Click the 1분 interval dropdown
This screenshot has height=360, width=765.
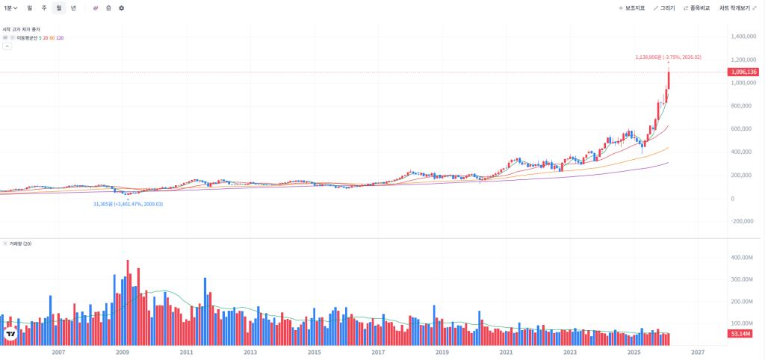pyautogui.click(x=11, y=7)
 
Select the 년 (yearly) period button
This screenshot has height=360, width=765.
pyautogui.click(x=73, y=7)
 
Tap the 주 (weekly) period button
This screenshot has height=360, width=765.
pyautogui.click(x=44, y=7)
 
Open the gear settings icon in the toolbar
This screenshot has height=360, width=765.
pyautogui.click(x=122, y=7)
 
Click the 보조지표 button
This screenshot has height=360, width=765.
pyautogui.click(x=633, y=7)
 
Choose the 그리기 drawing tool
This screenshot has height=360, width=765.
pyautogui.click(x=664, y=7)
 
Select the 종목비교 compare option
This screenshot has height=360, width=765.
pyautogui.click(x=696, y=7)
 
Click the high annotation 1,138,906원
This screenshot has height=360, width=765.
pyautogui.click(x=668, y=57)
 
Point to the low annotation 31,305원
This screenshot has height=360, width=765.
pyautogui.click(x=127, y=204)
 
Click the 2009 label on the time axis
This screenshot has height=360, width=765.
pyautogui.click(x=123, y=351)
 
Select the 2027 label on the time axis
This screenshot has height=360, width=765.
pyautogui.click(x=698, y=351)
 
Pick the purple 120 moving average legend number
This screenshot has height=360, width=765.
pyautogui.click(x=60, y=37)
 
